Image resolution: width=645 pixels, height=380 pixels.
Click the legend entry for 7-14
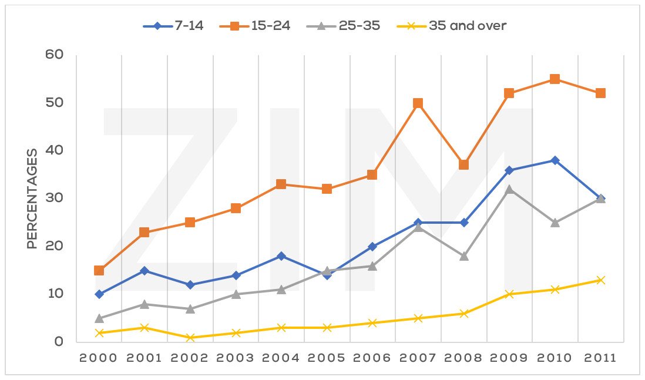tap(173, 26)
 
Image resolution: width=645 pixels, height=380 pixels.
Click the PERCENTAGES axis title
tap(33, 199)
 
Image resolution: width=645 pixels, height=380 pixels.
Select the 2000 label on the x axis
tap(99, 358)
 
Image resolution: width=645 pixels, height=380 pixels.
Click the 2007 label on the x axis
tap(418, 358)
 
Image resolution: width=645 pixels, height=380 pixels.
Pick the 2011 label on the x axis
tap(600, 358)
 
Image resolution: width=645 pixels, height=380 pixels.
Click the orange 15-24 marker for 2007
tap(418, 103)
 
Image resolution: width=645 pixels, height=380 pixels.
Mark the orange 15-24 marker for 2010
tap(555, 79)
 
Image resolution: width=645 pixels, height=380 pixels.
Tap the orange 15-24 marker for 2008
tap(463, 165)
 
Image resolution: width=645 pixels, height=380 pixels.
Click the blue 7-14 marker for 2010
tap(555, 160)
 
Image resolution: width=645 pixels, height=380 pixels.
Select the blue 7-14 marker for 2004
tap(281, 256)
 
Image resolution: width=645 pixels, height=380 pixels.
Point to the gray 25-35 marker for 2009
tap(509, 189)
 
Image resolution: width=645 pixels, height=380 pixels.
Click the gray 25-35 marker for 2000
tap(99, 318)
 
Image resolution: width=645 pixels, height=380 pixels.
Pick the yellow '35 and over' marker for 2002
tap(190, 337)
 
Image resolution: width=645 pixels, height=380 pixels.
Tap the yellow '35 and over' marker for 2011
tap(600, 280)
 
